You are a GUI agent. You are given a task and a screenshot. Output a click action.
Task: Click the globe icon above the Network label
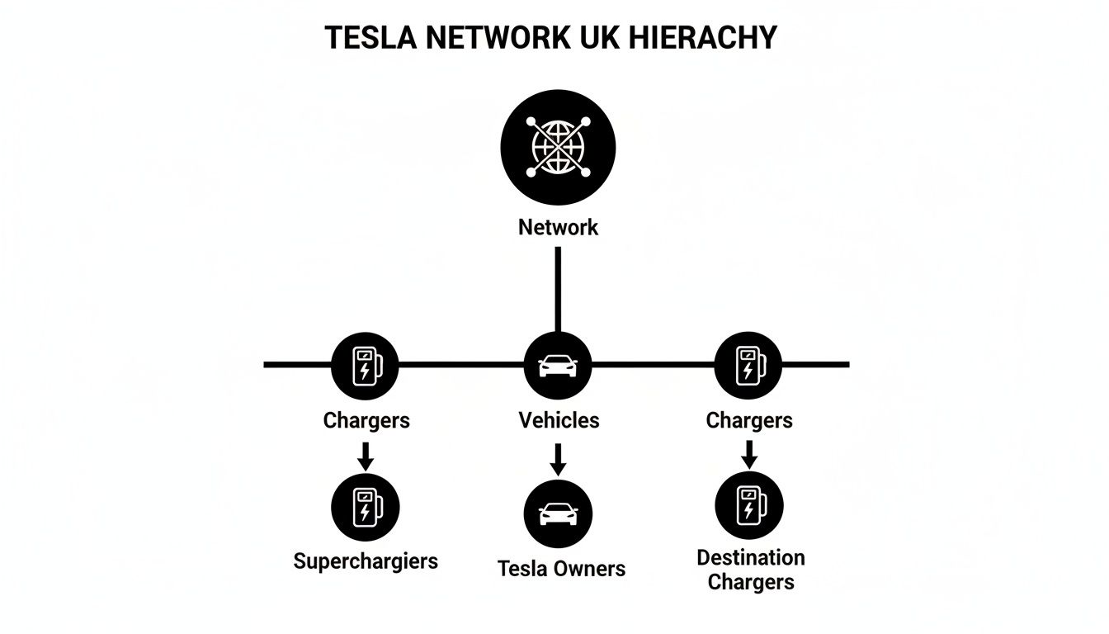point(558,147)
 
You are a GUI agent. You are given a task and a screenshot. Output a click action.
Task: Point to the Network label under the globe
point(558,227)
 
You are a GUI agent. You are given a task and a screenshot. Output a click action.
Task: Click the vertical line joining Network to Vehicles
point(558,289)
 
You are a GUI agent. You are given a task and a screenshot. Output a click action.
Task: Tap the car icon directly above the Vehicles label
point(558,366)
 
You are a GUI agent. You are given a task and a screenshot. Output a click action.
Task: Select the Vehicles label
point(559,420)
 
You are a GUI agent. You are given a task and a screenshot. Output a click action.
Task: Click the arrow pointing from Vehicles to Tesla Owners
point(558,459)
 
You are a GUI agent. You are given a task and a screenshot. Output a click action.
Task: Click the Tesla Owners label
point(561,568)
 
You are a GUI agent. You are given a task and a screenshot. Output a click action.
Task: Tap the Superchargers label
point(366,561)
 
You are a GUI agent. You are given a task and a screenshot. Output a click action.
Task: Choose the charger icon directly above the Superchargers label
point(365,506)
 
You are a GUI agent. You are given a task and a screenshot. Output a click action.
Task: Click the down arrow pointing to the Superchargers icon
point(365,455)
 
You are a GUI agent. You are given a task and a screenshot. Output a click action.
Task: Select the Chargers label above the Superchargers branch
point(366,420)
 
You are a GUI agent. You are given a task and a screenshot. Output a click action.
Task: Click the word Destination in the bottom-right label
point(750,557)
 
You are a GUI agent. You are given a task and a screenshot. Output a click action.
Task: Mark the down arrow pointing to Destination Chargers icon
point(748,453)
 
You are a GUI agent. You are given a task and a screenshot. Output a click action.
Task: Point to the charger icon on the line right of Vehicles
point(748,366)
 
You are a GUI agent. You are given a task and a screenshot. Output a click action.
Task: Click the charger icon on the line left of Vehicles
point(365,366)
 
